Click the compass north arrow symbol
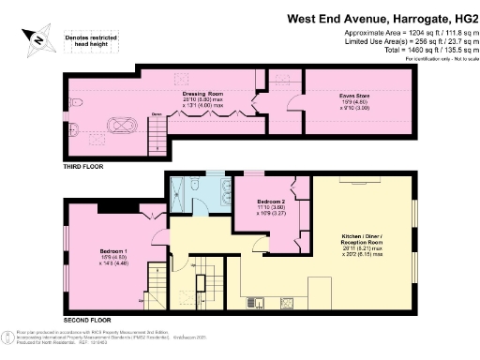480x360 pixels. (34, 38)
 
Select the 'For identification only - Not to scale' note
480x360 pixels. (437, 58)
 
